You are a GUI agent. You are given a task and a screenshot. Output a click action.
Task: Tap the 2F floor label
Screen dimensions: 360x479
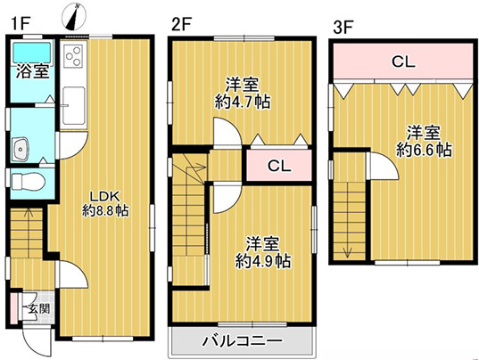coord(182,25)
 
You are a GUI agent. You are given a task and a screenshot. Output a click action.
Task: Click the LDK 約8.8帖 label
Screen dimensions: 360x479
coord(106,202)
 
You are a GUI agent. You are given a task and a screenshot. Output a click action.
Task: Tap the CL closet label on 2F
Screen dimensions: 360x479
coord(277,166)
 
